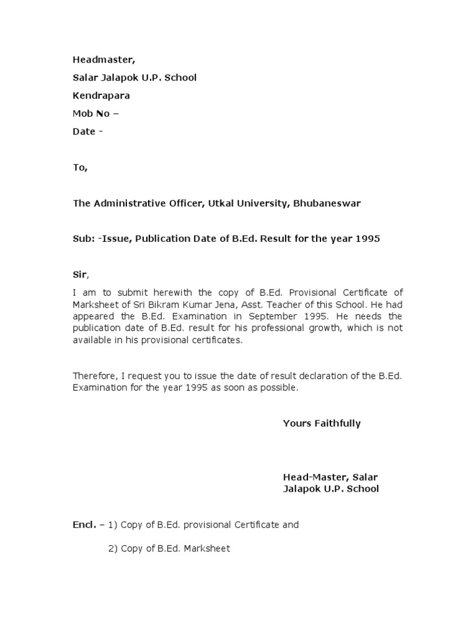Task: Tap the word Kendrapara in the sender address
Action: [x=102, y=95]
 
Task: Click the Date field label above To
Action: [x=84, y=131]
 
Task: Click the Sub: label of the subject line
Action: [x=82, y=239]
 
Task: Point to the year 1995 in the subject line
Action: [x=368, y=239]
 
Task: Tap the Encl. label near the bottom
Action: [x=84, y=525]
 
